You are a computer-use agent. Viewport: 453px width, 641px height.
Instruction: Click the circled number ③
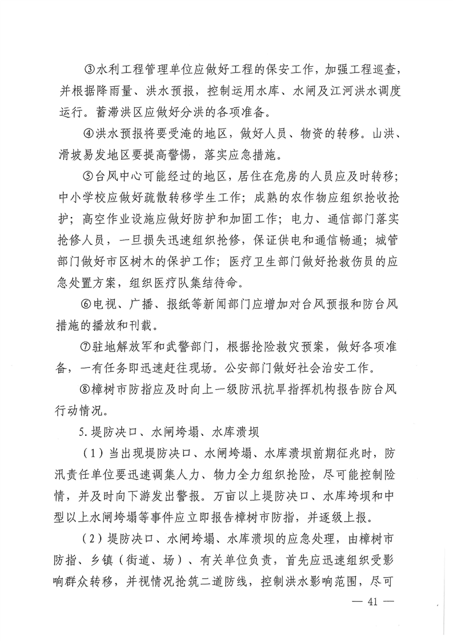(x=88, y=70)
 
